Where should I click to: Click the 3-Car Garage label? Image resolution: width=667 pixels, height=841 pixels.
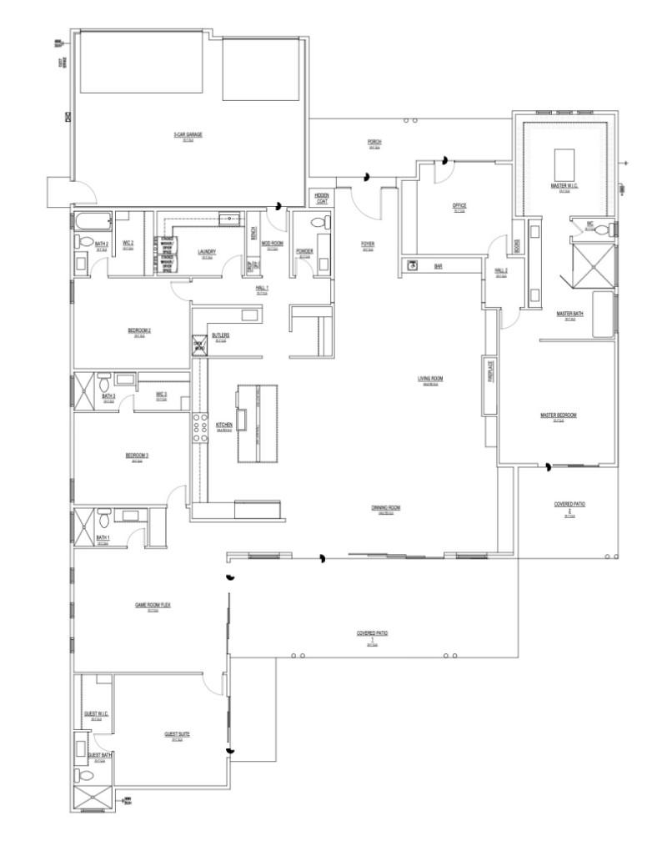pos(188,134)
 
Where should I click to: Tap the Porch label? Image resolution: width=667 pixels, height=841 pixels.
pos(374,143)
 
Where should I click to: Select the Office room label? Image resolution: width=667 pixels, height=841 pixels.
pos(459,205)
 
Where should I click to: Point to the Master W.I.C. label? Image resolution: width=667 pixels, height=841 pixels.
pos(564,185)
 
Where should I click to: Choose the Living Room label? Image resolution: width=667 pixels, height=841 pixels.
pos(430,379)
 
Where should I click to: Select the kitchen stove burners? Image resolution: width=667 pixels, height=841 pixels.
pos(200,426)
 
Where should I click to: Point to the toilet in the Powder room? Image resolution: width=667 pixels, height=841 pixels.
pos(314,223)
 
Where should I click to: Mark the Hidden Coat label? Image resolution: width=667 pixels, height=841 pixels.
pos(321,198)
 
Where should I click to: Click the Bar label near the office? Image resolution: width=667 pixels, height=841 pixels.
pos(438,266)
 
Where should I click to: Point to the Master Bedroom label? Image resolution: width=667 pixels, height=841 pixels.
pos(559,415)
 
